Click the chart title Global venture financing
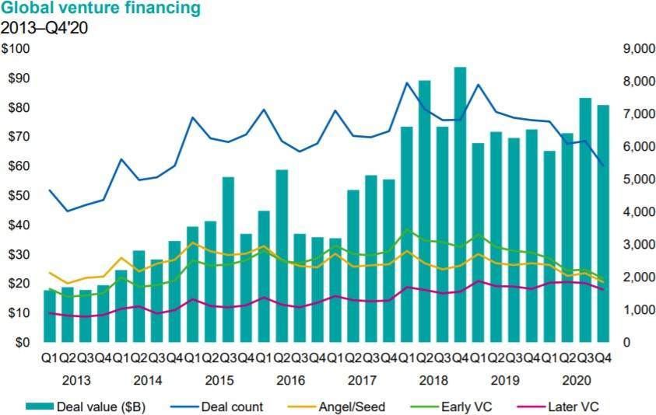100,9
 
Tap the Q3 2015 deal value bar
228,260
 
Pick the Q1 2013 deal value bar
50,316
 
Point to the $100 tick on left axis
16,49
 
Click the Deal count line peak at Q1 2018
406,83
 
